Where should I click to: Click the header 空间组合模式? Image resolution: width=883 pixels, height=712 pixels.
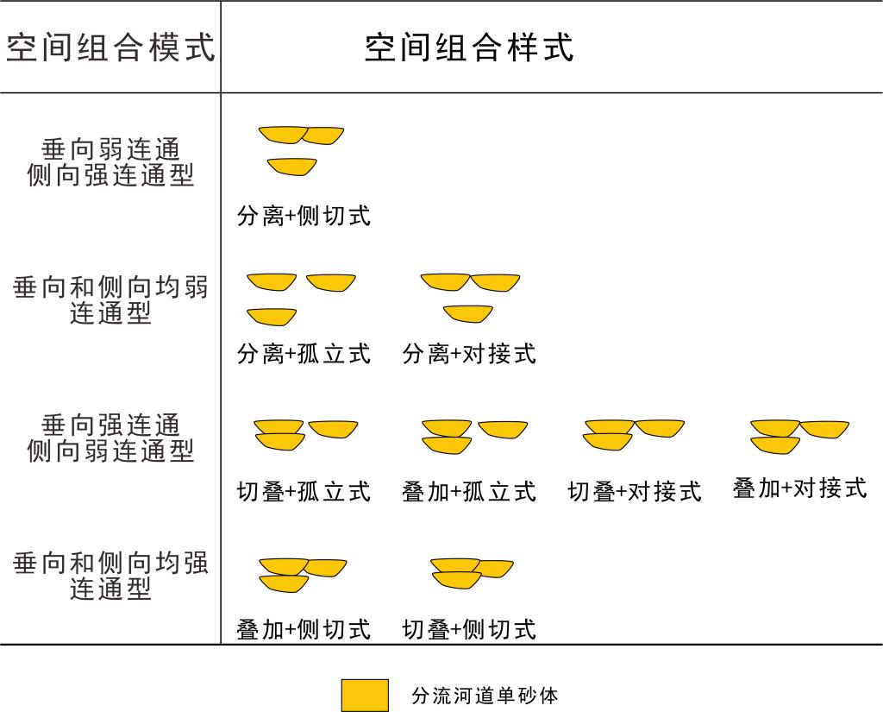(110, 47)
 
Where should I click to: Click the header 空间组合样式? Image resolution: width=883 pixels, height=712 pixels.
(468, 47)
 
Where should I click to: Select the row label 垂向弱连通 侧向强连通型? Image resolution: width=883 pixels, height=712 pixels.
(110, 162)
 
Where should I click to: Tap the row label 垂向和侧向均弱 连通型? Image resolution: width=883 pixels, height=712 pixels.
(110, 299)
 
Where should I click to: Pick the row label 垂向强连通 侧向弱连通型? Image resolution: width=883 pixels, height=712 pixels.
(110, 438)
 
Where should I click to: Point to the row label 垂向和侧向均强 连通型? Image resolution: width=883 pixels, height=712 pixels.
(110, 576)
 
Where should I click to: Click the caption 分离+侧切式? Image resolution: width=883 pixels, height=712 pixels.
(304, 216)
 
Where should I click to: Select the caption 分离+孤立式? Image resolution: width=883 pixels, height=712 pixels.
(304, 354)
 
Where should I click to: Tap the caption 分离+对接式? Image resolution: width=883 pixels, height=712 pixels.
(469, 354)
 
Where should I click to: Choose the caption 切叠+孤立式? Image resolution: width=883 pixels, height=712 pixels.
(304, 492)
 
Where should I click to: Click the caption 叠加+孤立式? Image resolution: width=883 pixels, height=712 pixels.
(469, 492)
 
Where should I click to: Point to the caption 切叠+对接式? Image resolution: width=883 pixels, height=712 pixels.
(635, 492)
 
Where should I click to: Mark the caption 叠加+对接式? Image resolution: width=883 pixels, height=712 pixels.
(799, 488)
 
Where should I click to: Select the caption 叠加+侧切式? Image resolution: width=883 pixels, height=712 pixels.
(304, 630)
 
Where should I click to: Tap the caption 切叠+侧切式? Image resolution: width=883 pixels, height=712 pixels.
(469, 630)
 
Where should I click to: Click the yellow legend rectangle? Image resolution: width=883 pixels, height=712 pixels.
(365, 696)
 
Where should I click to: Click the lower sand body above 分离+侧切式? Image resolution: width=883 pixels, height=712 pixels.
(291, 166)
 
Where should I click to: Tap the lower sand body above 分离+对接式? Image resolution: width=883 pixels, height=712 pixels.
(467, 313)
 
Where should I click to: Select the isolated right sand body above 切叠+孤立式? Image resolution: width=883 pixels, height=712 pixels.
(333, 428)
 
